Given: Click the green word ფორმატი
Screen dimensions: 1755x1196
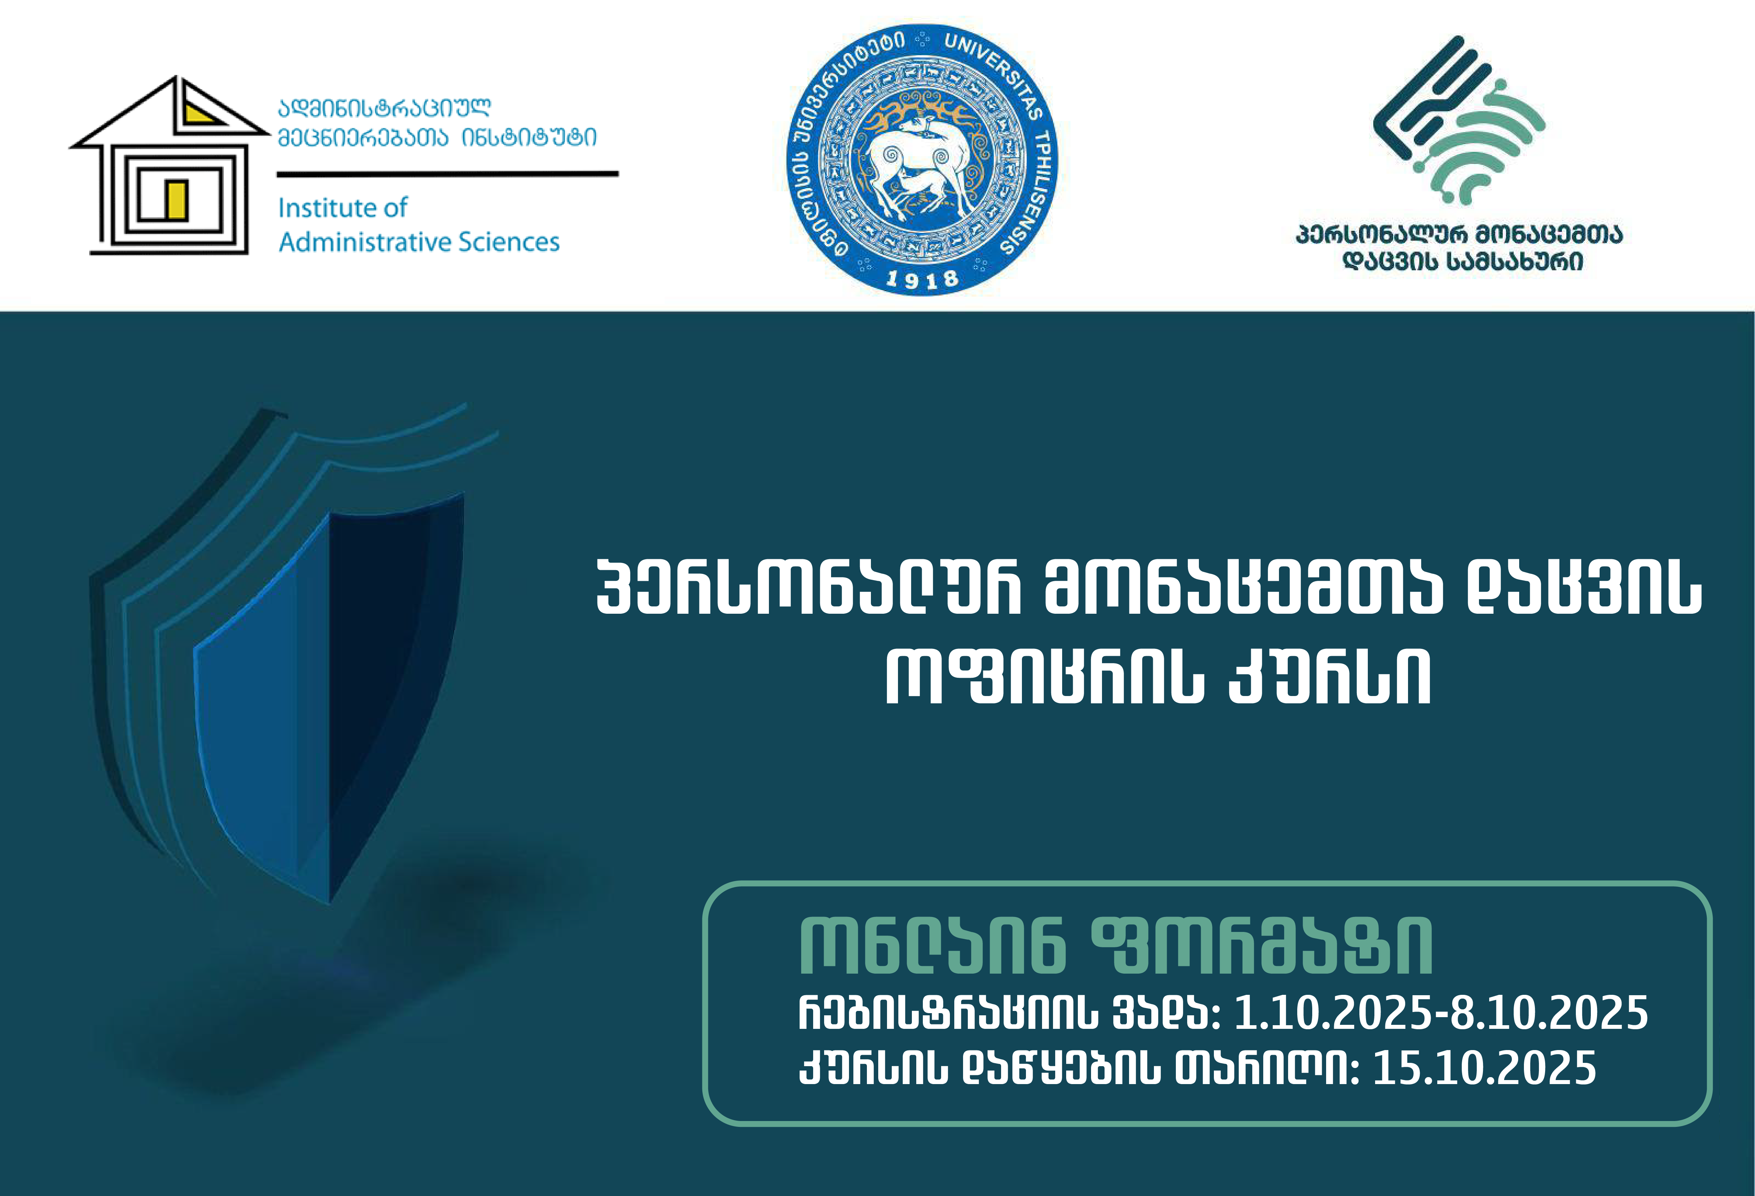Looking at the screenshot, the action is [x=1263, y=946].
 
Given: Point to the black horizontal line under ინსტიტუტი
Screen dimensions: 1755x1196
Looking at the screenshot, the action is [x=448, y=174].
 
